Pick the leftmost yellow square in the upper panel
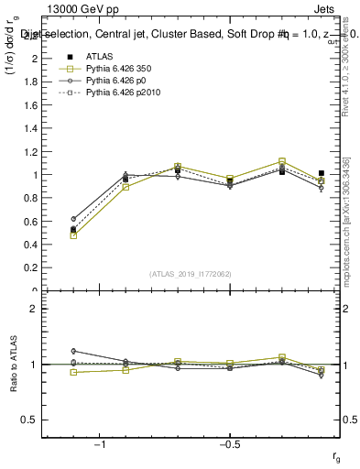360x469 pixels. (73, 235)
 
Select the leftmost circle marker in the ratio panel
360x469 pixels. (73, 351)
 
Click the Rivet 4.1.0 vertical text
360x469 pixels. (349, 87)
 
